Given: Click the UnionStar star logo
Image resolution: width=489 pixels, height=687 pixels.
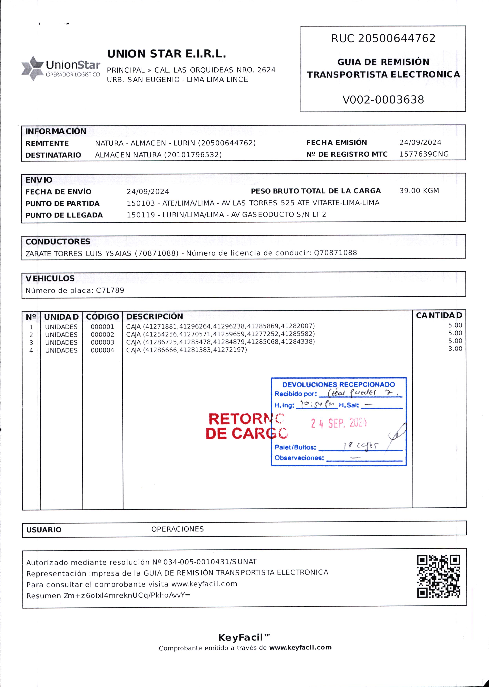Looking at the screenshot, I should pos(33,68).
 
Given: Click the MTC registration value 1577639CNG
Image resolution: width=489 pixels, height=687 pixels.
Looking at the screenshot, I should pos(424,154).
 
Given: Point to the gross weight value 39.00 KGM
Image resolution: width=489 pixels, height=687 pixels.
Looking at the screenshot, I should pos(419,191).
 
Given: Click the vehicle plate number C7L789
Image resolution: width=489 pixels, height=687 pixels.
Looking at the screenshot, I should pos(110,290).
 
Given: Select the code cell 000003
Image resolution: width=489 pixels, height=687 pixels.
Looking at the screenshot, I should pos(102,342).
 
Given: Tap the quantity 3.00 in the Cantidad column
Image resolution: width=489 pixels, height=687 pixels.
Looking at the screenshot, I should pos(455,349).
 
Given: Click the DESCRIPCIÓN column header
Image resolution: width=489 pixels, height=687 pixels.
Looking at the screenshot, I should pos(155,317).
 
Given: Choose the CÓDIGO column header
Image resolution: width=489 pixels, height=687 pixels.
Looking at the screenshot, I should pos(102,317).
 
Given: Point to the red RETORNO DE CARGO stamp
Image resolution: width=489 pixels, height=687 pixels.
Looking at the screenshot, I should pos(246,426).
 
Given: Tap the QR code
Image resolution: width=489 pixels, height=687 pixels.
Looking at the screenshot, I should pos(438,576).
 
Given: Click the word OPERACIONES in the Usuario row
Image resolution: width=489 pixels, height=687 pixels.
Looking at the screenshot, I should pos(177,529).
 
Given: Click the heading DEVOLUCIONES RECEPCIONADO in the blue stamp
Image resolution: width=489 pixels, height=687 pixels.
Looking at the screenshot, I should pos(338,385).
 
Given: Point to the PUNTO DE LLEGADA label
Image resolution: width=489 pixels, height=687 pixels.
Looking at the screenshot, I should pos(64,215).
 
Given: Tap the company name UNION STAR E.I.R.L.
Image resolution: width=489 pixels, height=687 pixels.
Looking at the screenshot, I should pos(166,54).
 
